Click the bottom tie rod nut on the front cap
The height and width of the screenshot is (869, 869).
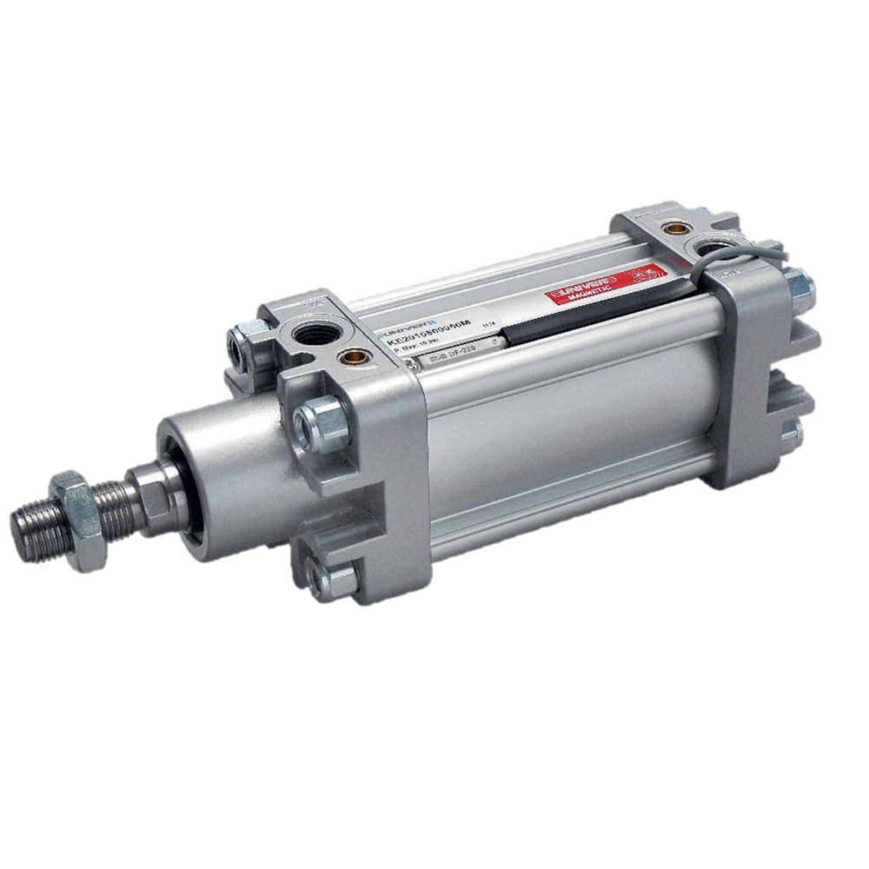335,577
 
